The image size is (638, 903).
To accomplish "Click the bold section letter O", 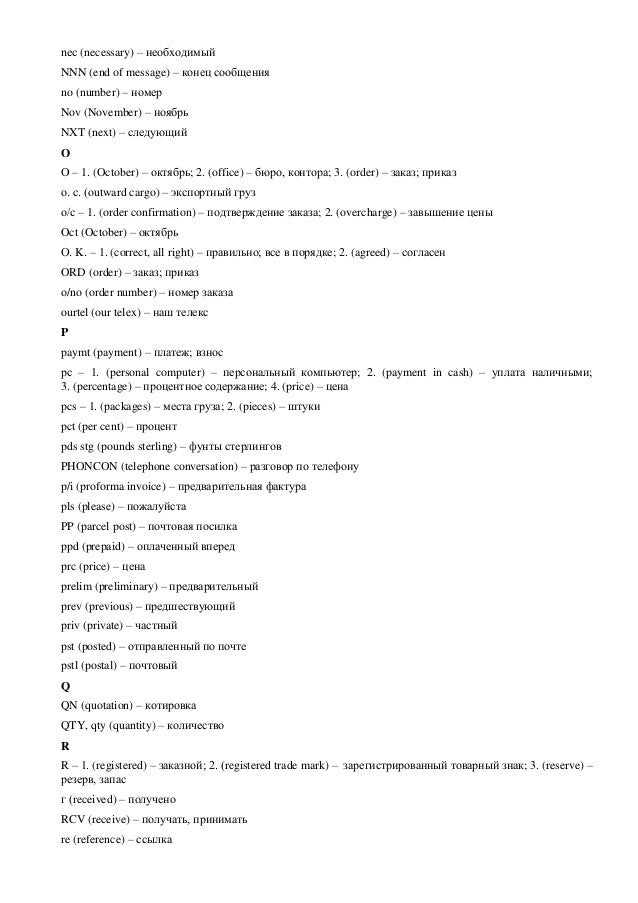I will point(65,153).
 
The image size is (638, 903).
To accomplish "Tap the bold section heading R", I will point(65,745).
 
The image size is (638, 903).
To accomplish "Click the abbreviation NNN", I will point(73,72).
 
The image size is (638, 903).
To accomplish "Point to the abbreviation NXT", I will point(73,132).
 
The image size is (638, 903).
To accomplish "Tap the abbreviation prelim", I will point(76,585).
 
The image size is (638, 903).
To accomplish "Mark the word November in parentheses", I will point(117,112).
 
